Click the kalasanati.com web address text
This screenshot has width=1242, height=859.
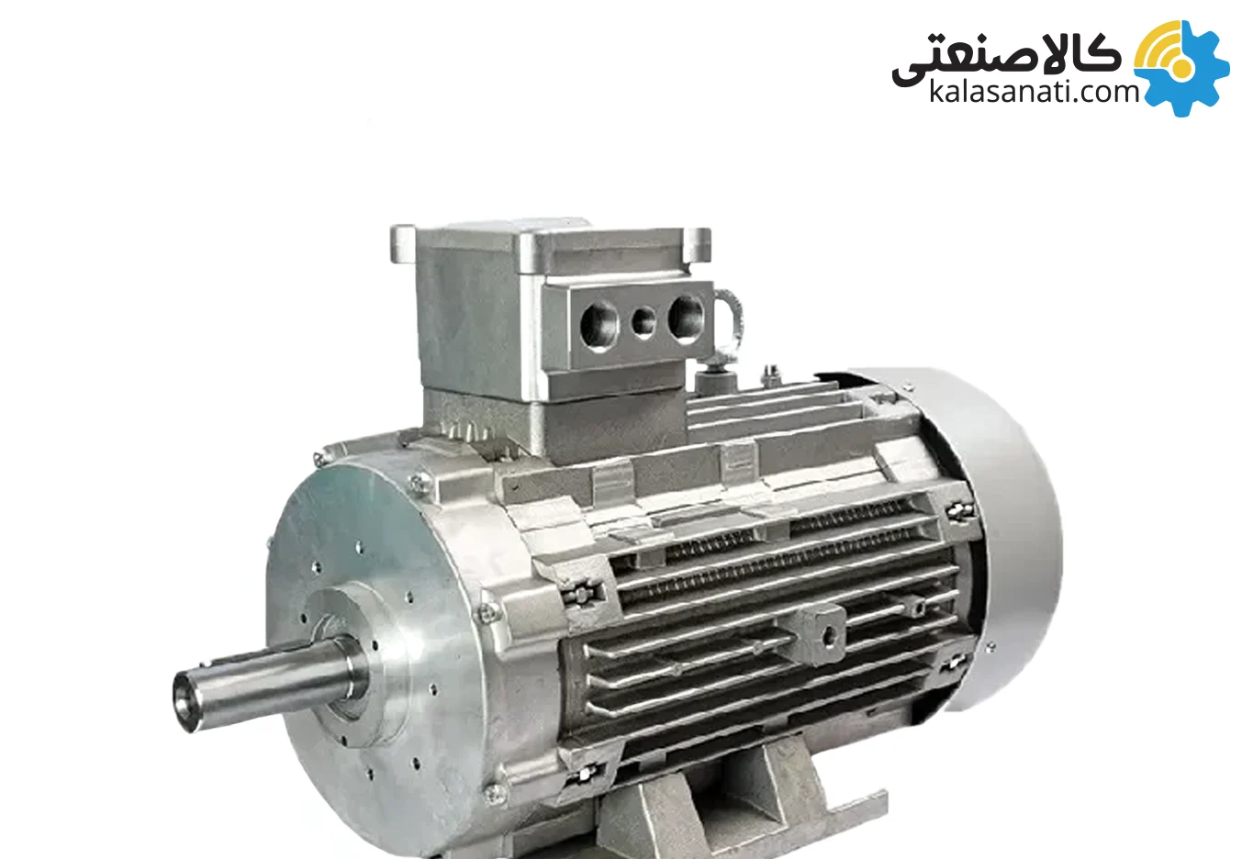pyautogui.click(x=1034, y=92)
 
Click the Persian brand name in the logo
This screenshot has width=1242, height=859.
pyautogui.click(x=1006, y=60)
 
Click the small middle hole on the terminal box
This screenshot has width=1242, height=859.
pyautogui.click(x=643, y=322)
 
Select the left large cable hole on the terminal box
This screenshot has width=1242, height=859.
pyautogui.click(x=599, y=327)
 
